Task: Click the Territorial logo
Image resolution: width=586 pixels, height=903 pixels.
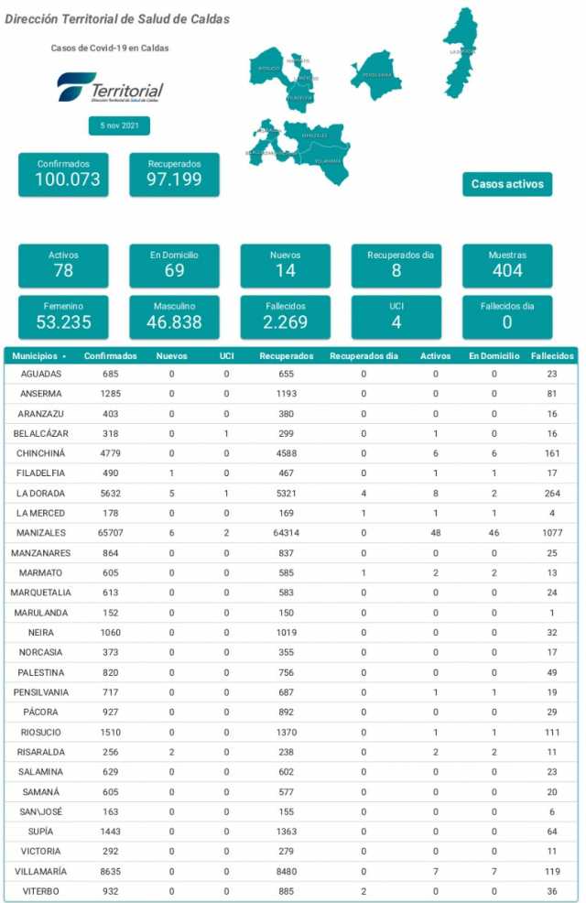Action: (x=110, y=89)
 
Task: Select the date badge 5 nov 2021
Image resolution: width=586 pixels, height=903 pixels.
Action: (x=119, y=126)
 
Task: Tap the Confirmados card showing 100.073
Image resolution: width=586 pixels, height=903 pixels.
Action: (x=63, y=174)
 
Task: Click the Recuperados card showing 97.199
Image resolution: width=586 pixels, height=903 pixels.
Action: (x=174, y=174)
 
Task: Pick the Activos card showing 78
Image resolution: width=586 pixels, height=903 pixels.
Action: (x=63, y=266)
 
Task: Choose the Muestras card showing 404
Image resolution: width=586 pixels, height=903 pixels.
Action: (x=507, y=266)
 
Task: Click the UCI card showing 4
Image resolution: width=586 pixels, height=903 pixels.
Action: (x=396, y=317)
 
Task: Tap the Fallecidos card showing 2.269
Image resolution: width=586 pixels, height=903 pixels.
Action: (x=286, y=317)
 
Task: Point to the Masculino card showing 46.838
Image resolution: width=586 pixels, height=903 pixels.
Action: (x=174, y=317)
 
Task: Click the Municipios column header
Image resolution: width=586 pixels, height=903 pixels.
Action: (x=38, y=355)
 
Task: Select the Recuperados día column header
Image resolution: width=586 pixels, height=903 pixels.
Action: (x=364, y=355)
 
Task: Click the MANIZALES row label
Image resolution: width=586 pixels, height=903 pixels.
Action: (x=41, y=533)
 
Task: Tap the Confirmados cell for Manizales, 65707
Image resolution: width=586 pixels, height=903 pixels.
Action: (x=111, y=533)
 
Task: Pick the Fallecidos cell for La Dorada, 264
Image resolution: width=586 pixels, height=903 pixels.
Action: (x=551, y=494)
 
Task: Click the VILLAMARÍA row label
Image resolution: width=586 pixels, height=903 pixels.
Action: (x=41, y=871)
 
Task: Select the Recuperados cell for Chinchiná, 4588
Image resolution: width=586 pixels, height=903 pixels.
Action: (x=286, y=453)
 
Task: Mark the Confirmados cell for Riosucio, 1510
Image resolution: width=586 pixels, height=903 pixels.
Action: (x=111, y=733)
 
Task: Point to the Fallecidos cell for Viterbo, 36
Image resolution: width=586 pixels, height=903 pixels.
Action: (x=551, y=891)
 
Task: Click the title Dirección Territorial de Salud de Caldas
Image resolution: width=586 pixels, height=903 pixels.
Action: (x=118, y=19)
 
